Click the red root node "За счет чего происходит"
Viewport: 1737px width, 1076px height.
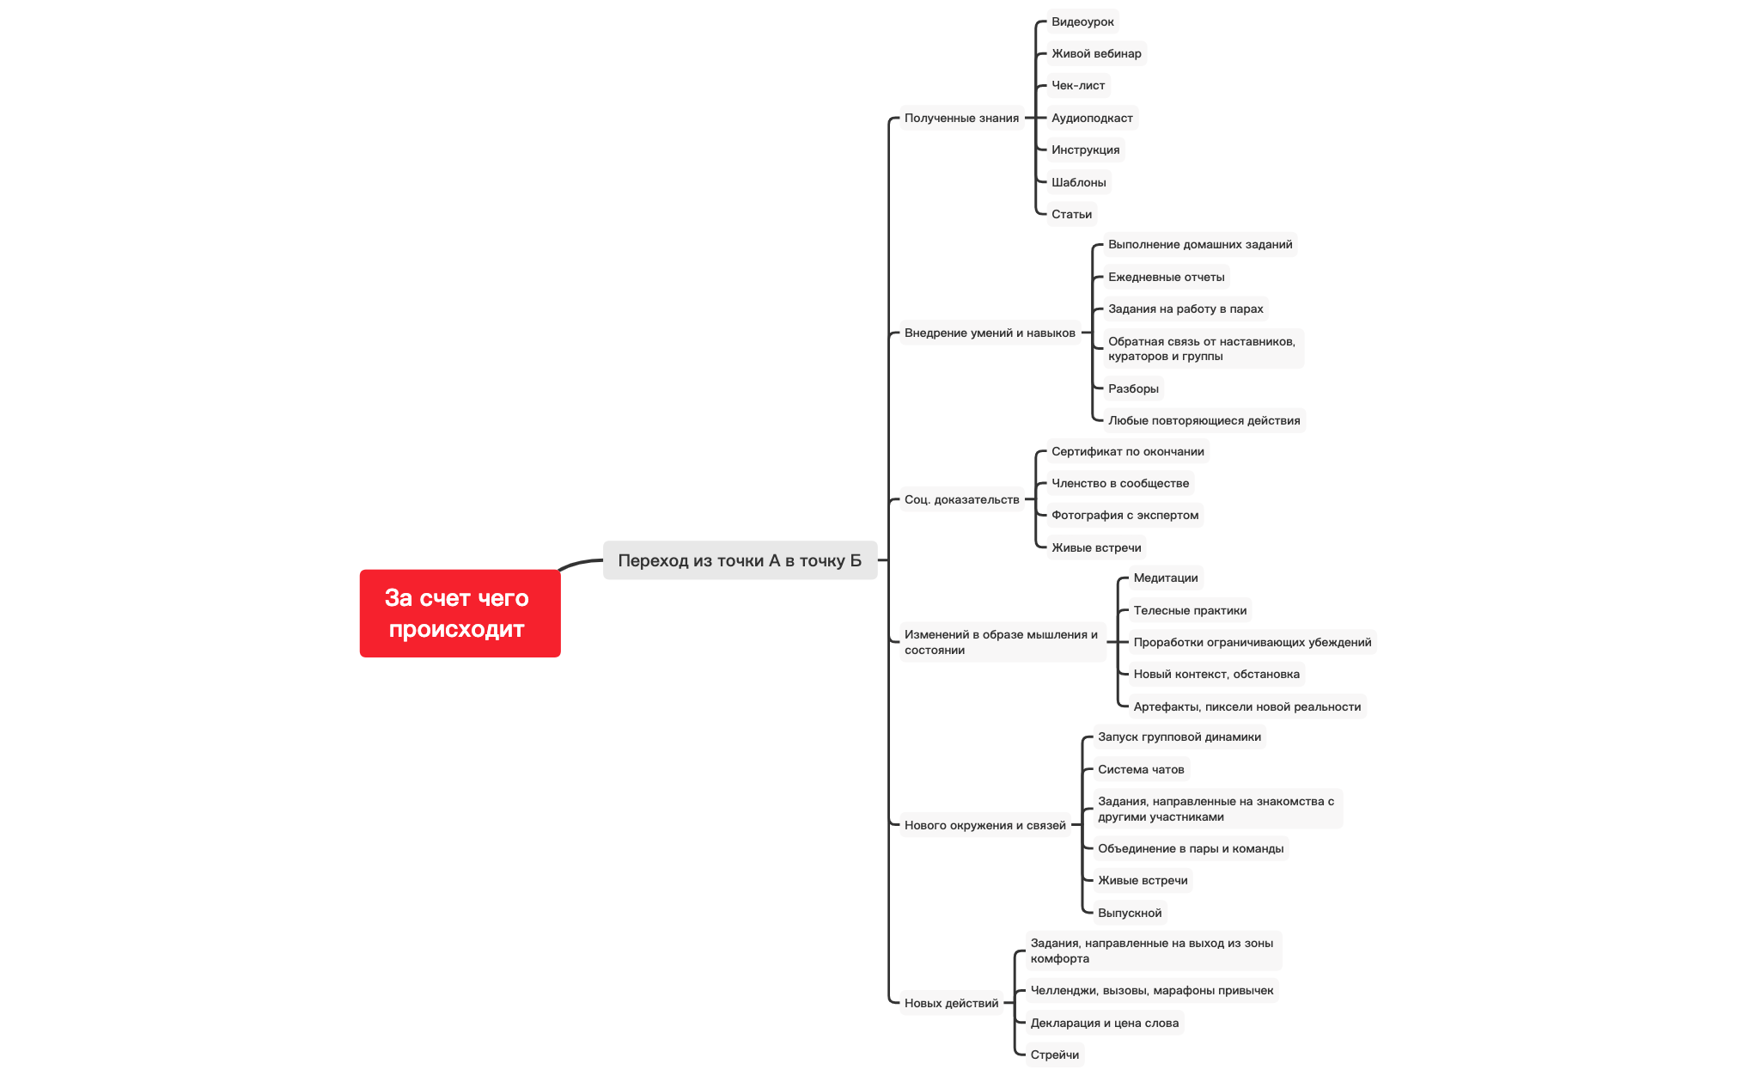pos(460,613)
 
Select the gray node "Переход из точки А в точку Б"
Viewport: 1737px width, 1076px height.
pos(739,560)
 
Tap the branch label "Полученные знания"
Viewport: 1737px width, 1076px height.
pos(961,118)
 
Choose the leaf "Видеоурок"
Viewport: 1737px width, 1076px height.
pos(1082,21)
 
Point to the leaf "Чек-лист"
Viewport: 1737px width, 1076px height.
pos(1078,85)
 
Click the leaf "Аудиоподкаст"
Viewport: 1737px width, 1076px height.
pos(1092,118)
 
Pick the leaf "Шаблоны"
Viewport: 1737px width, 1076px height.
pos(1078,182)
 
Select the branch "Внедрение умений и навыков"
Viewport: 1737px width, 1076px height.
pos(990,333)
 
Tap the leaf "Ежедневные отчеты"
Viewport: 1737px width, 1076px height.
pos(1166,277)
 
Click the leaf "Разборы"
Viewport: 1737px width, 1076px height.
pos(1133,388)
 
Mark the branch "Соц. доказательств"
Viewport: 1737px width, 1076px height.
pos(961,499)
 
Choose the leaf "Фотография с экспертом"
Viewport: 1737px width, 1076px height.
pos(1124,515)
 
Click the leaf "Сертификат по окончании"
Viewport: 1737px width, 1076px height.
pos(1127,451)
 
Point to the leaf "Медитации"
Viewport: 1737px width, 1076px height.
pos(1165,578)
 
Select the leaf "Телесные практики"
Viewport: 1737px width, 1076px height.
pos(1190,610)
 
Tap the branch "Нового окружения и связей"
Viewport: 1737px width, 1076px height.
pos(984,825)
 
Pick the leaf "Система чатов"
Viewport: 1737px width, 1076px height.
pos(1141,769)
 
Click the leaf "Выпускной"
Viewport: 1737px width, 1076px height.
pos(1130,913)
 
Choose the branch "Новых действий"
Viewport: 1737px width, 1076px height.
pos(951,1003)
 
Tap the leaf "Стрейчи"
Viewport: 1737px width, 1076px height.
pos(1055,1055)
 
